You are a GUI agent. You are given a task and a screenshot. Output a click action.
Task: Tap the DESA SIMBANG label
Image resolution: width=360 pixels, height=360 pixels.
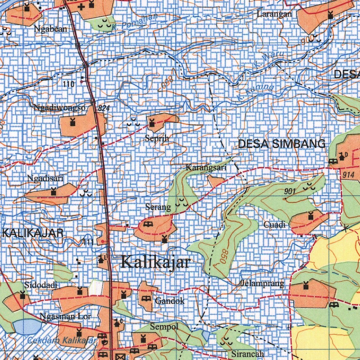pyautogui.click(x=282, y=144)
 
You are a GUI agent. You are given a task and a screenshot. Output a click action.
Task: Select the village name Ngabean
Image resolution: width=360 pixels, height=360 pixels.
pyautogui.click(x=51, y=29)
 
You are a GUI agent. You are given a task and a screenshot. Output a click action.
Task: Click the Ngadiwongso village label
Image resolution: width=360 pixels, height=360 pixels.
pyautogui.click(x=59, y=108)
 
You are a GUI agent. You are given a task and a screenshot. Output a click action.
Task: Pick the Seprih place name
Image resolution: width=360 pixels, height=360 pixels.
pyautogui.click(x=157, y=139)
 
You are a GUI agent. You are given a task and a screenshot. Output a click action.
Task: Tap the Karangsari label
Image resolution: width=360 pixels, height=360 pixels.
pyautogui.click(x=206, y=168)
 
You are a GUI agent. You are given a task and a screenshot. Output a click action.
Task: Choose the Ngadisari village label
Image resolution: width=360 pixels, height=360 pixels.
pyautogui.click(x=45, y=179)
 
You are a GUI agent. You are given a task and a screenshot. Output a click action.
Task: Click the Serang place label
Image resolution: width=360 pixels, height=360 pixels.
pyautogui.click(x=158, y=207)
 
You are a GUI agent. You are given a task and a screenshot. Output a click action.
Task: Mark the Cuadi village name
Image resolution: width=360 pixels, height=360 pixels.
pyautogui.click(x=275, y=224)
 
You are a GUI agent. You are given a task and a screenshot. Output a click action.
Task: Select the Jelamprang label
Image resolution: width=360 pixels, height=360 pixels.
pyautogui.click(x=263, y=283)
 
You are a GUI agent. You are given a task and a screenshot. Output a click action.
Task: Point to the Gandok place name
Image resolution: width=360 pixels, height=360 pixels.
pyautogui.click(x=169, y=301)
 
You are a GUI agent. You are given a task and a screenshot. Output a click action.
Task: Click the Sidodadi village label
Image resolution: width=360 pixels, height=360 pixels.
pyautogui.click(x=41, y=285)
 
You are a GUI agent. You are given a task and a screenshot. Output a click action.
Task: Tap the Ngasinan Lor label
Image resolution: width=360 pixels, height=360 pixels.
pyautogui.click(x=66, y=316)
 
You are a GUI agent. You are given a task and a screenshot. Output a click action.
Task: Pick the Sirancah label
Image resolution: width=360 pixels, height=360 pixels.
pyautogui.click(x=247, y=354)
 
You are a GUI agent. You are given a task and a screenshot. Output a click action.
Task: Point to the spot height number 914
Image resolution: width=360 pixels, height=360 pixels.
pyautogui.click(x=348, y=175)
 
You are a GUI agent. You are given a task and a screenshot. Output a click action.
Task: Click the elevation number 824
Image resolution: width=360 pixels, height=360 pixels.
pyautogui.click(x=104, y=109)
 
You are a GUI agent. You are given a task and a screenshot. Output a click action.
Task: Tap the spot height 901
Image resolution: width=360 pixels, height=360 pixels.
pyautogui.click(x=290, y=191)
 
